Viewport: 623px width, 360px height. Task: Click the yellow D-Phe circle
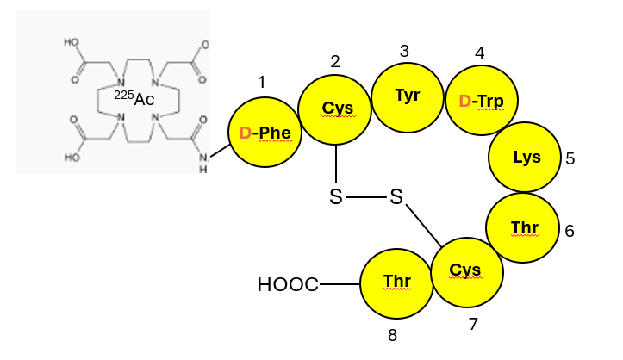(x=265, y=133)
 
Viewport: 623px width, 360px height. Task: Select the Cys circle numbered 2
(x=335, y=108)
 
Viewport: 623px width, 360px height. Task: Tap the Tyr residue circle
(x=407, y=96)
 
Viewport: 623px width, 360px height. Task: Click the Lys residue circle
(x=526, y=158)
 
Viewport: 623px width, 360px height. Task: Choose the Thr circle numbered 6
(x=523, y=227)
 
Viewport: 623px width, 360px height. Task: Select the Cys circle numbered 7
(x=466, y=271)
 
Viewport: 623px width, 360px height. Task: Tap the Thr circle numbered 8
(x=396, y=282)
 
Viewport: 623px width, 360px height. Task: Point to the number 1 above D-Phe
(x=262, y=82)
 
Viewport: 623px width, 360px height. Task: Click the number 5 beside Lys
(x=570, y=158)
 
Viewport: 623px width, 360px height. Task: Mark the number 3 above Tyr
(x=404, y=51)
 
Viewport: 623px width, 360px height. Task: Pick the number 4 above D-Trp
(x=479, y=53)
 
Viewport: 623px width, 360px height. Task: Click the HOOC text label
(x=288, y=284)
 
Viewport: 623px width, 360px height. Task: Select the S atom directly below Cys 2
(x=336, y=198)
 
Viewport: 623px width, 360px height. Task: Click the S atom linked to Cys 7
(x=396, y=198)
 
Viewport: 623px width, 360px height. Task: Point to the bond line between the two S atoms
(x=366, y=198)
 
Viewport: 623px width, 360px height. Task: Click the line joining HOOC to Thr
(x=340, y=283)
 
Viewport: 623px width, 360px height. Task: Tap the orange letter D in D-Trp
(x=464, y=102)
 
